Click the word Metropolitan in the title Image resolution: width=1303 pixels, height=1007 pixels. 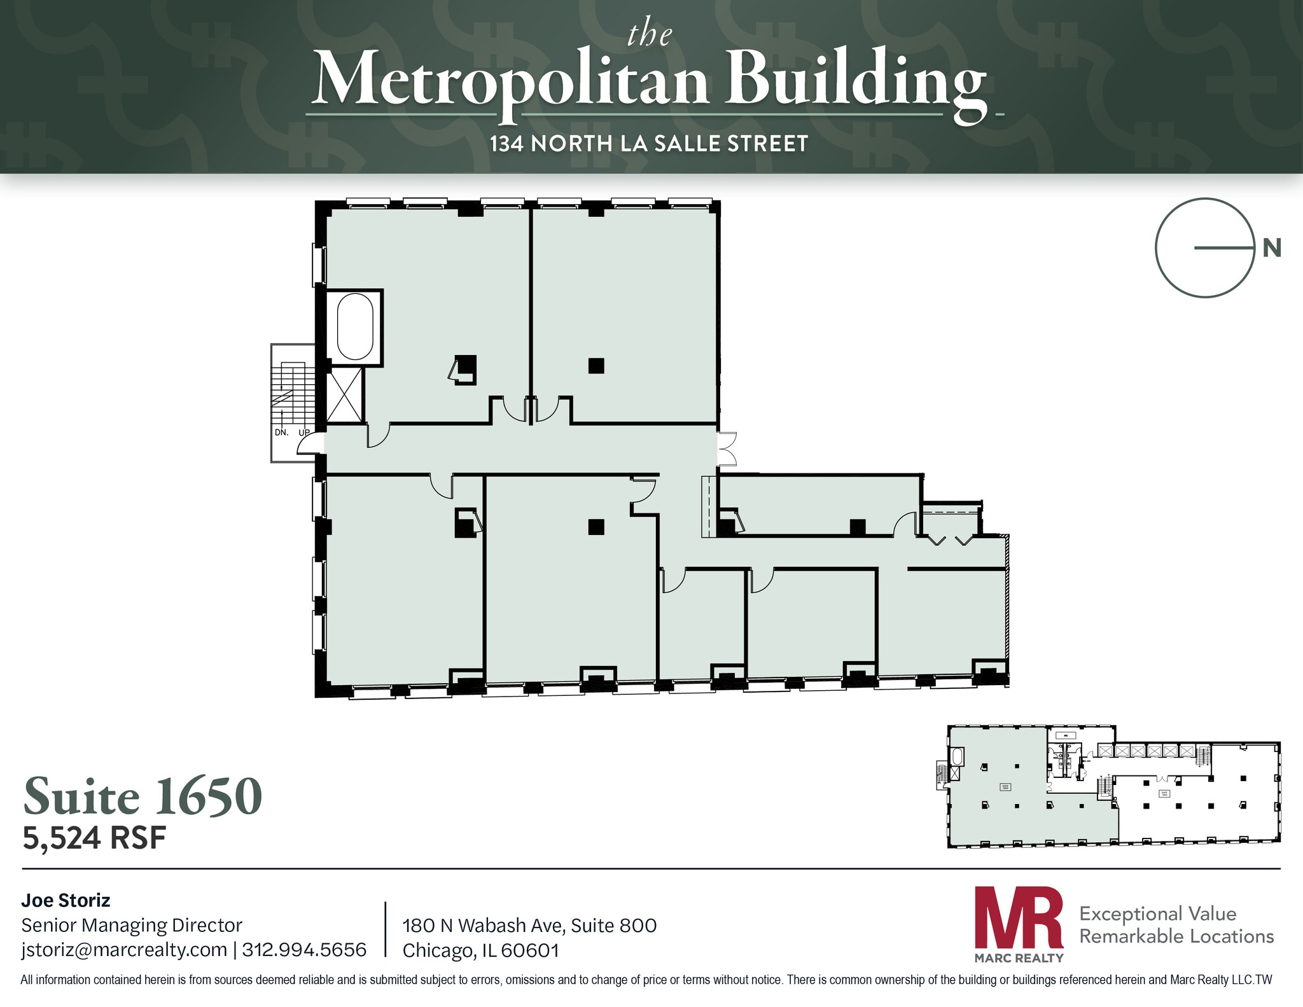click(510, 80)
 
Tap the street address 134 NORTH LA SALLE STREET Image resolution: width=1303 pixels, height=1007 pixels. click(648, 144)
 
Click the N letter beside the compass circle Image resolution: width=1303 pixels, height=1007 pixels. click(1271, 248)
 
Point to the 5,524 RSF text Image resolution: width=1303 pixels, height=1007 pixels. click(94, 838)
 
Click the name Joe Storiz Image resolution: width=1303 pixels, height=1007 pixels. click(66, 900)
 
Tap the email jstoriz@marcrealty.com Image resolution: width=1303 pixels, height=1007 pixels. click(124, 950)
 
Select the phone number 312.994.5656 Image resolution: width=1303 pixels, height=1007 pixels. click(304, 950)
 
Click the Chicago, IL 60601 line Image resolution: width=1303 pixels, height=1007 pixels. click(480, 950)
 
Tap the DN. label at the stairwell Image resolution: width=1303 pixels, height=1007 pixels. click(282, 433)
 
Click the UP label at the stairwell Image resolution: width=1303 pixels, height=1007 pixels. click(304, 433)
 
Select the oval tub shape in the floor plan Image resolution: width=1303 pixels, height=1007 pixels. click(355, 326)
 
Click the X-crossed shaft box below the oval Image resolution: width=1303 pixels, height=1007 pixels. click(344, 395)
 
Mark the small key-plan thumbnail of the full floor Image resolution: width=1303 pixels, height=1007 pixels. click(1113, 786)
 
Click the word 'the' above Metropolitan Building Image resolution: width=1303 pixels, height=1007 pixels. click(649, 34)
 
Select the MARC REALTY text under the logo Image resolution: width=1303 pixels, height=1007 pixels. click(1019, 958)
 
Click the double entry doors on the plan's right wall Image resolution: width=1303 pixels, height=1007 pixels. click(727, 449)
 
